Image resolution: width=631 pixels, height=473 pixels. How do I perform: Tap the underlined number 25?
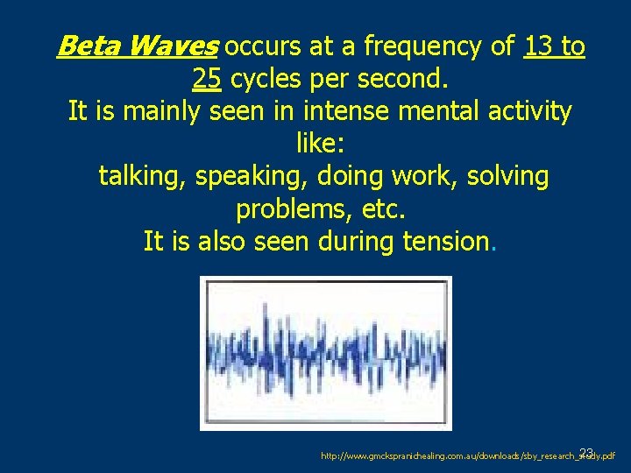point(206,80)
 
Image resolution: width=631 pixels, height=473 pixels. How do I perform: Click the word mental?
point(446,112)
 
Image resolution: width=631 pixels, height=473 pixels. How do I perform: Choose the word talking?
point(142,177)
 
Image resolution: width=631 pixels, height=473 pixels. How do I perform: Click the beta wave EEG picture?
point(326,352)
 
